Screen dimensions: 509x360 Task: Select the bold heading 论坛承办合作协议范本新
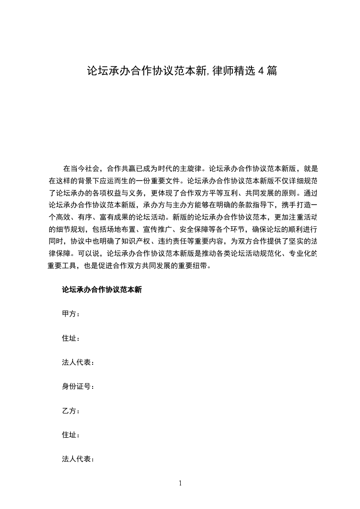[102, 290]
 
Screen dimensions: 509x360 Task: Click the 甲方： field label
[71, 314]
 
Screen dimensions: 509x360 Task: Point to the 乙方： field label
[71, 411]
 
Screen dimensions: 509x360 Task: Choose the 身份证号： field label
[78, 387]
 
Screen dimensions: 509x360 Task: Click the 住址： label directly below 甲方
[71, 338]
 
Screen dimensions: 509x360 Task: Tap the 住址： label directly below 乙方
[71, 435]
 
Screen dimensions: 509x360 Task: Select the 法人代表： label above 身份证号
[78, 362]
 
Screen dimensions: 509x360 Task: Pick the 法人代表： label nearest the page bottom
[78, 459]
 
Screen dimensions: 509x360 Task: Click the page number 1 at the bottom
[180, 483]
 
